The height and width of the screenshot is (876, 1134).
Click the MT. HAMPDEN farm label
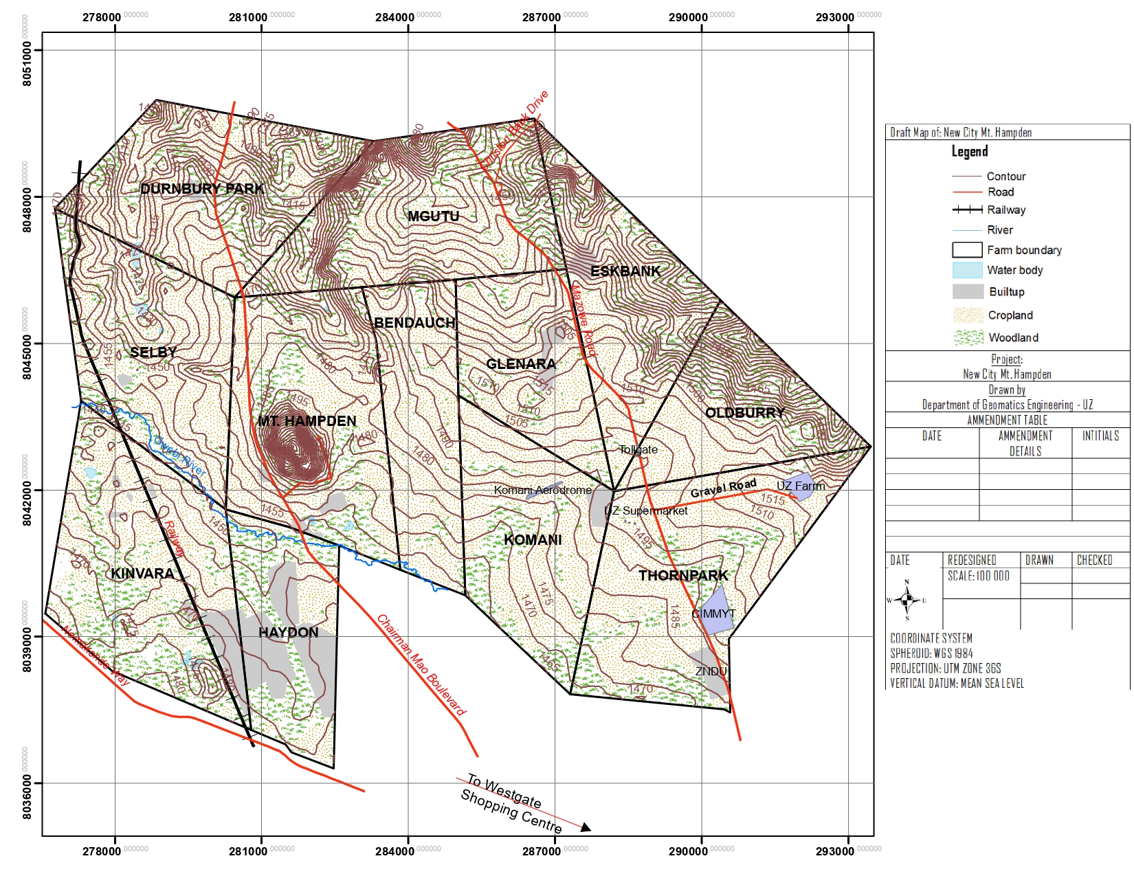[307, 421]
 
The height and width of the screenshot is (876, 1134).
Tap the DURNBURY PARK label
[201, 189]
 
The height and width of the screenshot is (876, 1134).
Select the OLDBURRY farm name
[745, 413]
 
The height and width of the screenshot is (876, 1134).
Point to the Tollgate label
[638, 450]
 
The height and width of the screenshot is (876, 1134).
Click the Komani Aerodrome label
[542, 490]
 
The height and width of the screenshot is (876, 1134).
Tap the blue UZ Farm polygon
[799, 485]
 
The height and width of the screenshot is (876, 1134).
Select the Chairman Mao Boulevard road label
[421, 665]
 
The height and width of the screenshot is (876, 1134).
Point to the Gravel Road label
[723, 488]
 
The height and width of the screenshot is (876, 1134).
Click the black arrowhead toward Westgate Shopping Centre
[586, 827]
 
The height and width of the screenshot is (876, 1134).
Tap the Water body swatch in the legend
[967, 270]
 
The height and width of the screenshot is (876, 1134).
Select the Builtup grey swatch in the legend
[967, 291]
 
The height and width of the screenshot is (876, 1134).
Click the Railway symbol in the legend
[967, 210]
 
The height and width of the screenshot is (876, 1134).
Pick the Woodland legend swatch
[968, 337]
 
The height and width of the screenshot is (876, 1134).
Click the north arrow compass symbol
[907, 600]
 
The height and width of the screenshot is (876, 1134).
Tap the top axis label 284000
[394, 17]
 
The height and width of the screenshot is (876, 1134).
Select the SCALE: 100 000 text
[978, 576]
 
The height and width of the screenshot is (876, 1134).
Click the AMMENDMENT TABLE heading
[1007, 420]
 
